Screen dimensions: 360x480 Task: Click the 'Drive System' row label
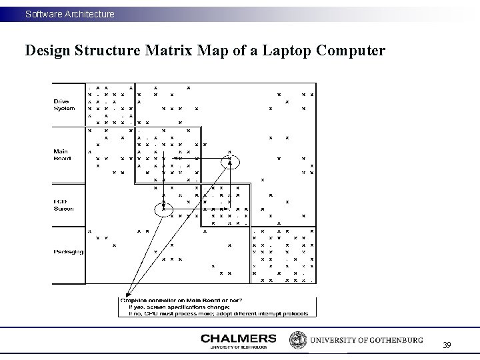click(x=64, y=105)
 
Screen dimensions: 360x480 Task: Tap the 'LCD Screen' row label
click(x=64, y=205)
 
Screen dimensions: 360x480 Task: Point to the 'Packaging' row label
click(x=68, y=251)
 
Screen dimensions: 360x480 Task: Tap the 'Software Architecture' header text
click(x=70, y=13)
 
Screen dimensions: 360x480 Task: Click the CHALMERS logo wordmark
click(x=238, y=338)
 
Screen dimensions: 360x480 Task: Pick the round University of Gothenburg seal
click(x=297, y=340)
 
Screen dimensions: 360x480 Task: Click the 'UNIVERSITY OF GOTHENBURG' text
click(x=366, y=340)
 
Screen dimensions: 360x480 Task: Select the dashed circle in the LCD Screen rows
click(x=163, y=209)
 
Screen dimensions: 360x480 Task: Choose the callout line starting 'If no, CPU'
click(x=213, y=312)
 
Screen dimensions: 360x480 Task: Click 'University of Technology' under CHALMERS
click(x=238, y=347)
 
